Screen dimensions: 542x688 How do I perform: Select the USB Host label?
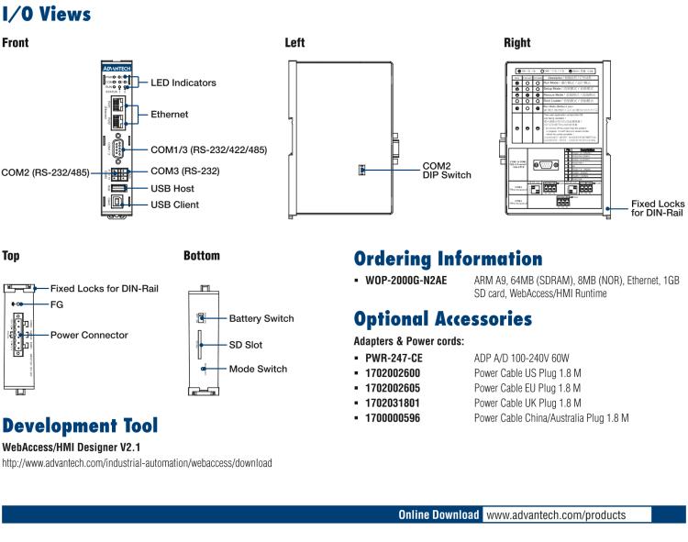[x=174, y=188]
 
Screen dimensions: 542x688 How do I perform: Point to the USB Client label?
[x=178, y=205]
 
